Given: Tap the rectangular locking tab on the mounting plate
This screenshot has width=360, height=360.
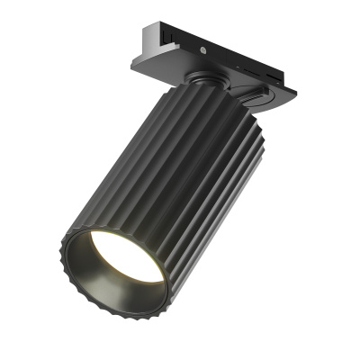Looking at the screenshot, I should pyautogui.click(x=258, y=94).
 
